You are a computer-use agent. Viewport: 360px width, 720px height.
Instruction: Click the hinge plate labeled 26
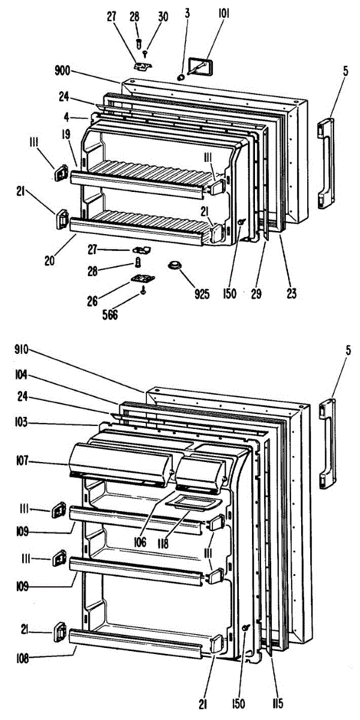[142, 278]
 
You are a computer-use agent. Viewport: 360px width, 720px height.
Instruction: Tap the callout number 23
[292, 294]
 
